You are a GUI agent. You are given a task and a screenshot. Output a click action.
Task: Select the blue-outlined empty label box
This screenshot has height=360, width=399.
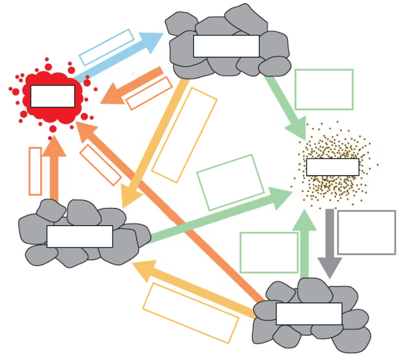click(106, 47)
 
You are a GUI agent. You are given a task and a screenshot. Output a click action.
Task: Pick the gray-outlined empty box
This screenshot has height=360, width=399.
click(366, 232)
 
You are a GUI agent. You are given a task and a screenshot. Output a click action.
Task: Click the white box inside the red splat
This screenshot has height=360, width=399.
click(52, 96)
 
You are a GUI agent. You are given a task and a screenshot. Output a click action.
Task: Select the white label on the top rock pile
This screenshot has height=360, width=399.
click(226, 46)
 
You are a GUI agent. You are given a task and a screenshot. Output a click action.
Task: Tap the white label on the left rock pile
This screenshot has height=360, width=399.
click(80, 236)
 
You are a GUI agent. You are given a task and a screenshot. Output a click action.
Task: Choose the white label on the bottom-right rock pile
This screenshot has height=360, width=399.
click(309, 313)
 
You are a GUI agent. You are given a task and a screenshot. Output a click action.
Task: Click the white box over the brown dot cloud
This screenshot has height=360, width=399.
click(332, 167)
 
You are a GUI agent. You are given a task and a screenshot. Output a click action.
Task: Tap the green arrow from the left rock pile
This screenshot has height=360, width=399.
click(220, 216)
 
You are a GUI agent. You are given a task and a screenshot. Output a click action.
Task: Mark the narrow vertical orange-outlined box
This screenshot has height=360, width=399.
click(35, 171)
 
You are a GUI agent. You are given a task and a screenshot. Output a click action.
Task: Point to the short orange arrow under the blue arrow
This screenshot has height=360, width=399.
click(133, 85)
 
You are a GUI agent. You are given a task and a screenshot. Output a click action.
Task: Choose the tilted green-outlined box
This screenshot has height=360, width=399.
click(230, 182)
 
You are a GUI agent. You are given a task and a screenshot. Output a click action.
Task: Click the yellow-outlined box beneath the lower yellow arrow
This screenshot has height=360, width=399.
click(191, 313)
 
